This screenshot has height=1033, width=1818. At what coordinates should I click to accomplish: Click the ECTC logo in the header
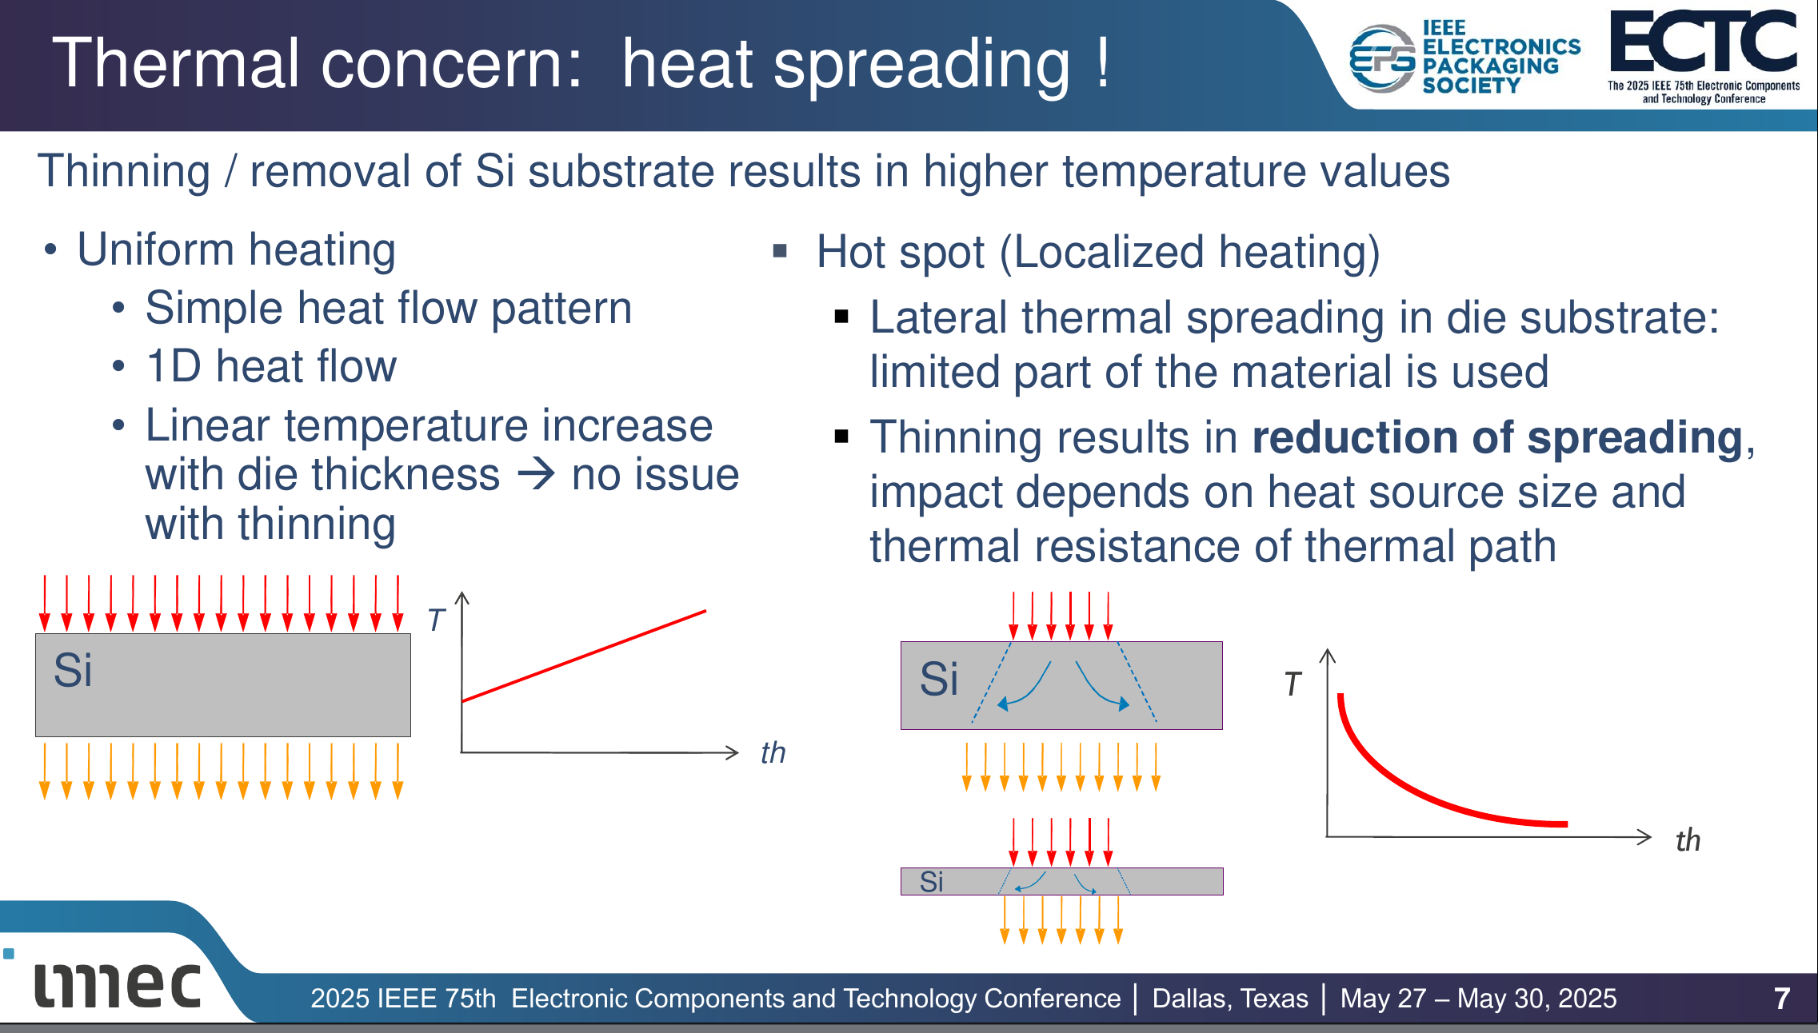point(1704,56)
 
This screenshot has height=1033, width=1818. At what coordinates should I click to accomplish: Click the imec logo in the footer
point(117,984)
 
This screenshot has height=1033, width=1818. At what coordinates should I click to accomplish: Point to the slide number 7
point(1782,998)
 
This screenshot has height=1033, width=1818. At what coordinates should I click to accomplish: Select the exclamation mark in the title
point(1104,62)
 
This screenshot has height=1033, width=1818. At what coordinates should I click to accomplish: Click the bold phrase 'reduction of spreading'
point(1497,437)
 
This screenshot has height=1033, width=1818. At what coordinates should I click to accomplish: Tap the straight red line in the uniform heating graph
point(584,656)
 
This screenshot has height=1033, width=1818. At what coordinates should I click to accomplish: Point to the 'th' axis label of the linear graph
point(773,752)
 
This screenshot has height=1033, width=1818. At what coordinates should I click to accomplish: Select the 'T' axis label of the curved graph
point(1293,684)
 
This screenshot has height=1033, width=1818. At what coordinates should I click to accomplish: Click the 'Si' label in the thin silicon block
point(931,881)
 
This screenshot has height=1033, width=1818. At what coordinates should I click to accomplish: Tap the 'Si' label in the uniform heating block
point(73,670)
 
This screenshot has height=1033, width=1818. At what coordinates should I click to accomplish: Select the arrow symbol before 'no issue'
point(536,474)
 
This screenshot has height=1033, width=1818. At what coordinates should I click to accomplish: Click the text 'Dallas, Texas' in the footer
point(1230,998)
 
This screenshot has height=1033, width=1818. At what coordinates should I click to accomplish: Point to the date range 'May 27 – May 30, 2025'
point(1478,998)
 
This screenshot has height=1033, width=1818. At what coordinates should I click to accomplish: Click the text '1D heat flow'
point(271,366)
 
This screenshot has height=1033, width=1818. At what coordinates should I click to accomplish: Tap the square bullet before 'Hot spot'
point(781,252)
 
